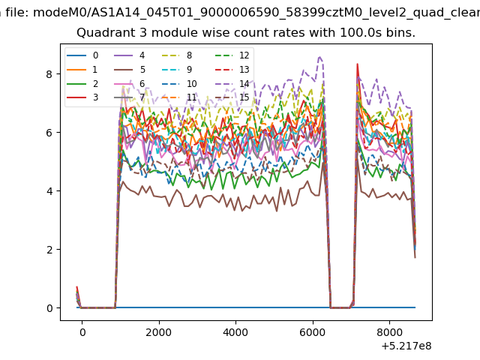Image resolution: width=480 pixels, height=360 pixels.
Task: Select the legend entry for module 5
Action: pos(130,70)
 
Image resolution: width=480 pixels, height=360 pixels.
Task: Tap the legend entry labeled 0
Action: pos(82,55)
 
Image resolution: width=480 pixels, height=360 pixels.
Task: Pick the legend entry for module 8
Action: pos(177,55)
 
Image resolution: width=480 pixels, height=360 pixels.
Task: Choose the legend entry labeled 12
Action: pos(232,55)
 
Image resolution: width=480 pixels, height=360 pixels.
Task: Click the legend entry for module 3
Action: pos(82,97)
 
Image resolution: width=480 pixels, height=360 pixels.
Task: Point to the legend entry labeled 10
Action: pos(179,83)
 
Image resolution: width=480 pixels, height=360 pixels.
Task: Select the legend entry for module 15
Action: pos(232,97)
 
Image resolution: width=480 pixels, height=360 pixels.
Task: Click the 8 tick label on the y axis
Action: pos(49,74)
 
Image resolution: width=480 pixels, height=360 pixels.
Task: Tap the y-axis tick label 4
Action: pos(49,191)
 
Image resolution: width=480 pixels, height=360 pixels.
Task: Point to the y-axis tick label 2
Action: pos(49,250)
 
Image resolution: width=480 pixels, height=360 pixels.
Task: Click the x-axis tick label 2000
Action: pos(158,332)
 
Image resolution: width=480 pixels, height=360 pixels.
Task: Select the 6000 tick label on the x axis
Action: pos(313,332)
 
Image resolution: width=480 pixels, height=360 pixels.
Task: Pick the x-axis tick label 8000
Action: pos(389,332)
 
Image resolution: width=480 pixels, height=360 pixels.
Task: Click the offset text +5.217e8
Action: pos(406,346)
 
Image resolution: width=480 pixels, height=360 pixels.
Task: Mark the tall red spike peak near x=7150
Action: pos(357,64)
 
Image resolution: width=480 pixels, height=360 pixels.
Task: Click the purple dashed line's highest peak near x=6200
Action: pos(320,57)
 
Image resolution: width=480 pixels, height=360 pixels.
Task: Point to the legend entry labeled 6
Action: pos(130,83)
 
